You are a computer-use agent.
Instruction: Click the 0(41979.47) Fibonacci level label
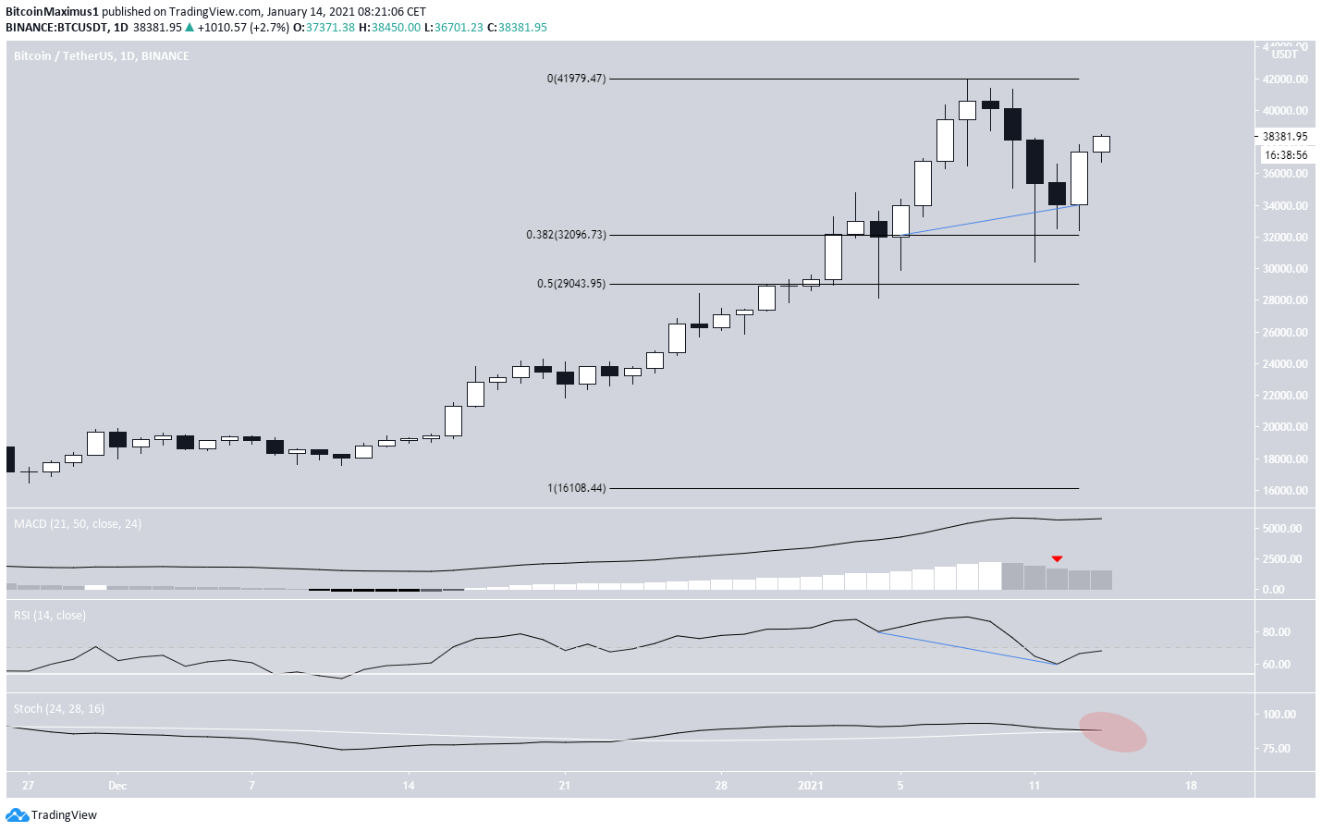[x=576, y=79]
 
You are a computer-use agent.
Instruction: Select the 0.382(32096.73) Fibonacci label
[x=566, y=235]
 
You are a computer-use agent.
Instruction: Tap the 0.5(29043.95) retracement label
[x=571, y=284]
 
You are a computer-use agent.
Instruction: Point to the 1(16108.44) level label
[x=576, y=488]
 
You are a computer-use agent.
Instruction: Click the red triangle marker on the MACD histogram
[x=1057, y=558]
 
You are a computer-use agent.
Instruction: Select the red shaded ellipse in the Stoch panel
[x=1113, y=731]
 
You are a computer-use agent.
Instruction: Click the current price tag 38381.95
[x=1285, y=137]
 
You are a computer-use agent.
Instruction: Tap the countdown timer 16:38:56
[x=1285, y=155]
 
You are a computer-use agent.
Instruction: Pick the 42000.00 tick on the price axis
[x=1285, y=80]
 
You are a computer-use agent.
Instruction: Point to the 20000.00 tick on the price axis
[x=1285, y=427]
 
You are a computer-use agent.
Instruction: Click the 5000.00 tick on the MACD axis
[x=1281, y=529]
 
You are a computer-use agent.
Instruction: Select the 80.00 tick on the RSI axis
[x=1277, y=632]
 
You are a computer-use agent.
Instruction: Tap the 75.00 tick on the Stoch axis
[x=1277, y=749]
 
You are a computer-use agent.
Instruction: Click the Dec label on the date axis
[x=117, y=786]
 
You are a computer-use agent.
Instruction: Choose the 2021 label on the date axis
[x=811, y=786]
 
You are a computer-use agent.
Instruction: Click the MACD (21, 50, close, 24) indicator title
[x=78, y=524]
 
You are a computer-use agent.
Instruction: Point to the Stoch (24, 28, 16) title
[x=59, y=709]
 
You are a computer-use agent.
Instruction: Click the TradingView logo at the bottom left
[x=52, y=815]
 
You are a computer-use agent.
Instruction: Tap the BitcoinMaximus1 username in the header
[x=52, y=12]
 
